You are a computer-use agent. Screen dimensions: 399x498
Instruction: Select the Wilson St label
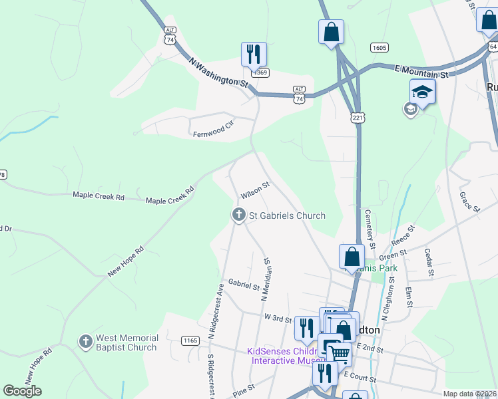click(255, 191)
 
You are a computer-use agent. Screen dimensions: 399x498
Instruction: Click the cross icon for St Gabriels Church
click(238, 215)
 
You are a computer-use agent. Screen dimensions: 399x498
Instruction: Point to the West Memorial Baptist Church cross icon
click(85, 342)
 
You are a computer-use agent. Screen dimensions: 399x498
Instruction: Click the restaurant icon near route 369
click(254, 54)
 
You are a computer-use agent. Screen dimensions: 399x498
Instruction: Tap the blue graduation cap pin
click(423, 91)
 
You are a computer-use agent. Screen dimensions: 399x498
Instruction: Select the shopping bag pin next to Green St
click(352, 256)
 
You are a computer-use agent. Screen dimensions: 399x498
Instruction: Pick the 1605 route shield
click(380, 48)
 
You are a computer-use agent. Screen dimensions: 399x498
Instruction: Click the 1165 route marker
click(190, 340)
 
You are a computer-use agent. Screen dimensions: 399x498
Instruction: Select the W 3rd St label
click(278, 317)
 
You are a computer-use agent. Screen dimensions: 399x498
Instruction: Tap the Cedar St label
click(429, 263)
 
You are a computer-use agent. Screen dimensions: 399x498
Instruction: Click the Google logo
click(22, 391)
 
